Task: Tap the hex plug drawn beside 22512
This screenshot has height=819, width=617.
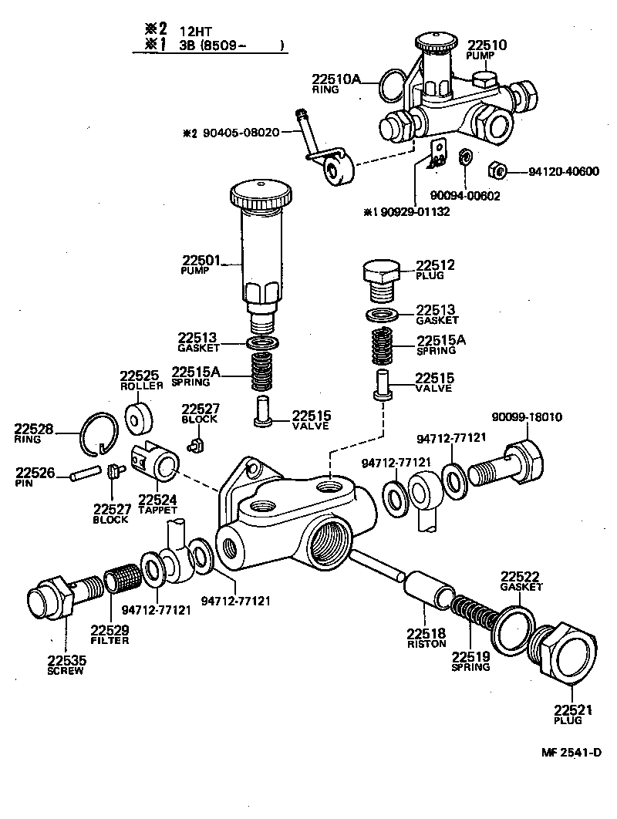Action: click(x=379, y=277)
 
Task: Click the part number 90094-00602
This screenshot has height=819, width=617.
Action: click(x=465, y=196)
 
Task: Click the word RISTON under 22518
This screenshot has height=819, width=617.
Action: click(x=426, y=643)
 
